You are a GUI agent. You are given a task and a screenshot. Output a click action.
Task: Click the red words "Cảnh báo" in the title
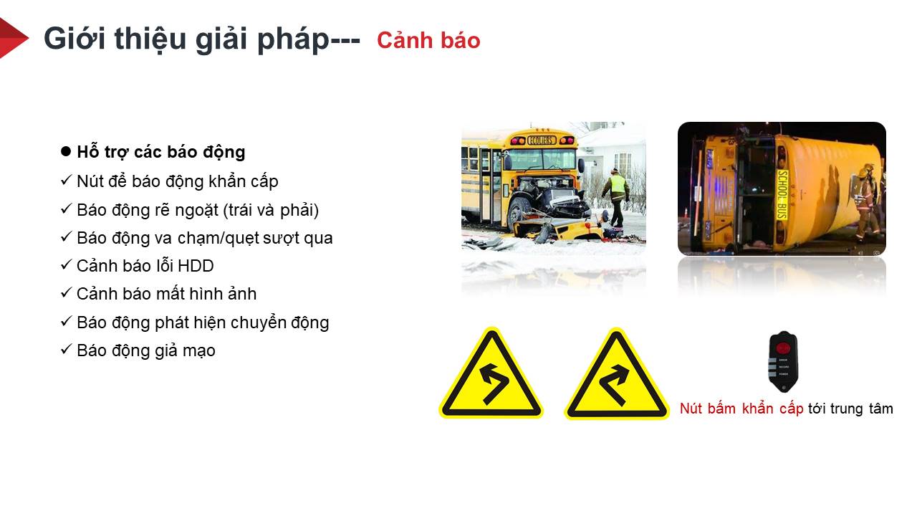click(x=428, y=40)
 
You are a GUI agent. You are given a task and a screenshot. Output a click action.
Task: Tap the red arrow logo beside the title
click(x=12, y=38)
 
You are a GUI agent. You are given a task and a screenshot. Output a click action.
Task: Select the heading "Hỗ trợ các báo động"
click(x=161, y=153)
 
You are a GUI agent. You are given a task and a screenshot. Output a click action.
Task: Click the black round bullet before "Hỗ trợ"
click(x=65, y=151)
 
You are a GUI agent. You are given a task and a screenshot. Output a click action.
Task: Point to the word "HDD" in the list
click(x=196, y=266)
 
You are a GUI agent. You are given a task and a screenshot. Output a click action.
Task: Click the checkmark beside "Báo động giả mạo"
click(x=66, y=349)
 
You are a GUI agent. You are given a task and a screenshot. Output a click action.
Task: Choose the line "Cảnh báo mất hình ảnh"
click(x=167, y=294)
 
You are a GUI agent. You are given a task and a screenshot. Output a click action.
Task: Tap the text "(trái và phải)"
click(x=271, y=211)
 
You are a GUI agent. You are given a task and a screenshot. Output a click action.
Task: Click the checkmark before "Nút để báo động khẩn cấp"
click(x=66, y=180)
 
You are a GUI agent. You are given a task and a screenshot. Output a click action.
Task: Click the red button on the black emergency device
click(x=783, y=348)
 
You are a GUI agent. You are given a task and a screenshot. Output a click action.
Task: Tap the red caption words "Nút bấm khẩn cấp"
click(x=741, y=408)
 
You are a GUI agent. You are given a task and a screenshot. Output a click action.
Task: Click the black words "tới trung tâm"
click(x=850, y=408)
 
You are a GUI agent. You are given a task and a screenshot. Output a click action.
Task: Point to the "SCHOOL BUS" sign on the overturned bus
click(x=782, y=194)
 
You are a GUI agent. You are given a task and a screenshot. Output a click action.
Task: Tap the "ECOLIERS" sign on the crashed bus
click(x=541, y=140)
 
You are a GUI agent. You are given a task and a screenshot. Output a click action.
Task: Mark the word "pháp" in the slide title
click(x=294, y=39)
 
